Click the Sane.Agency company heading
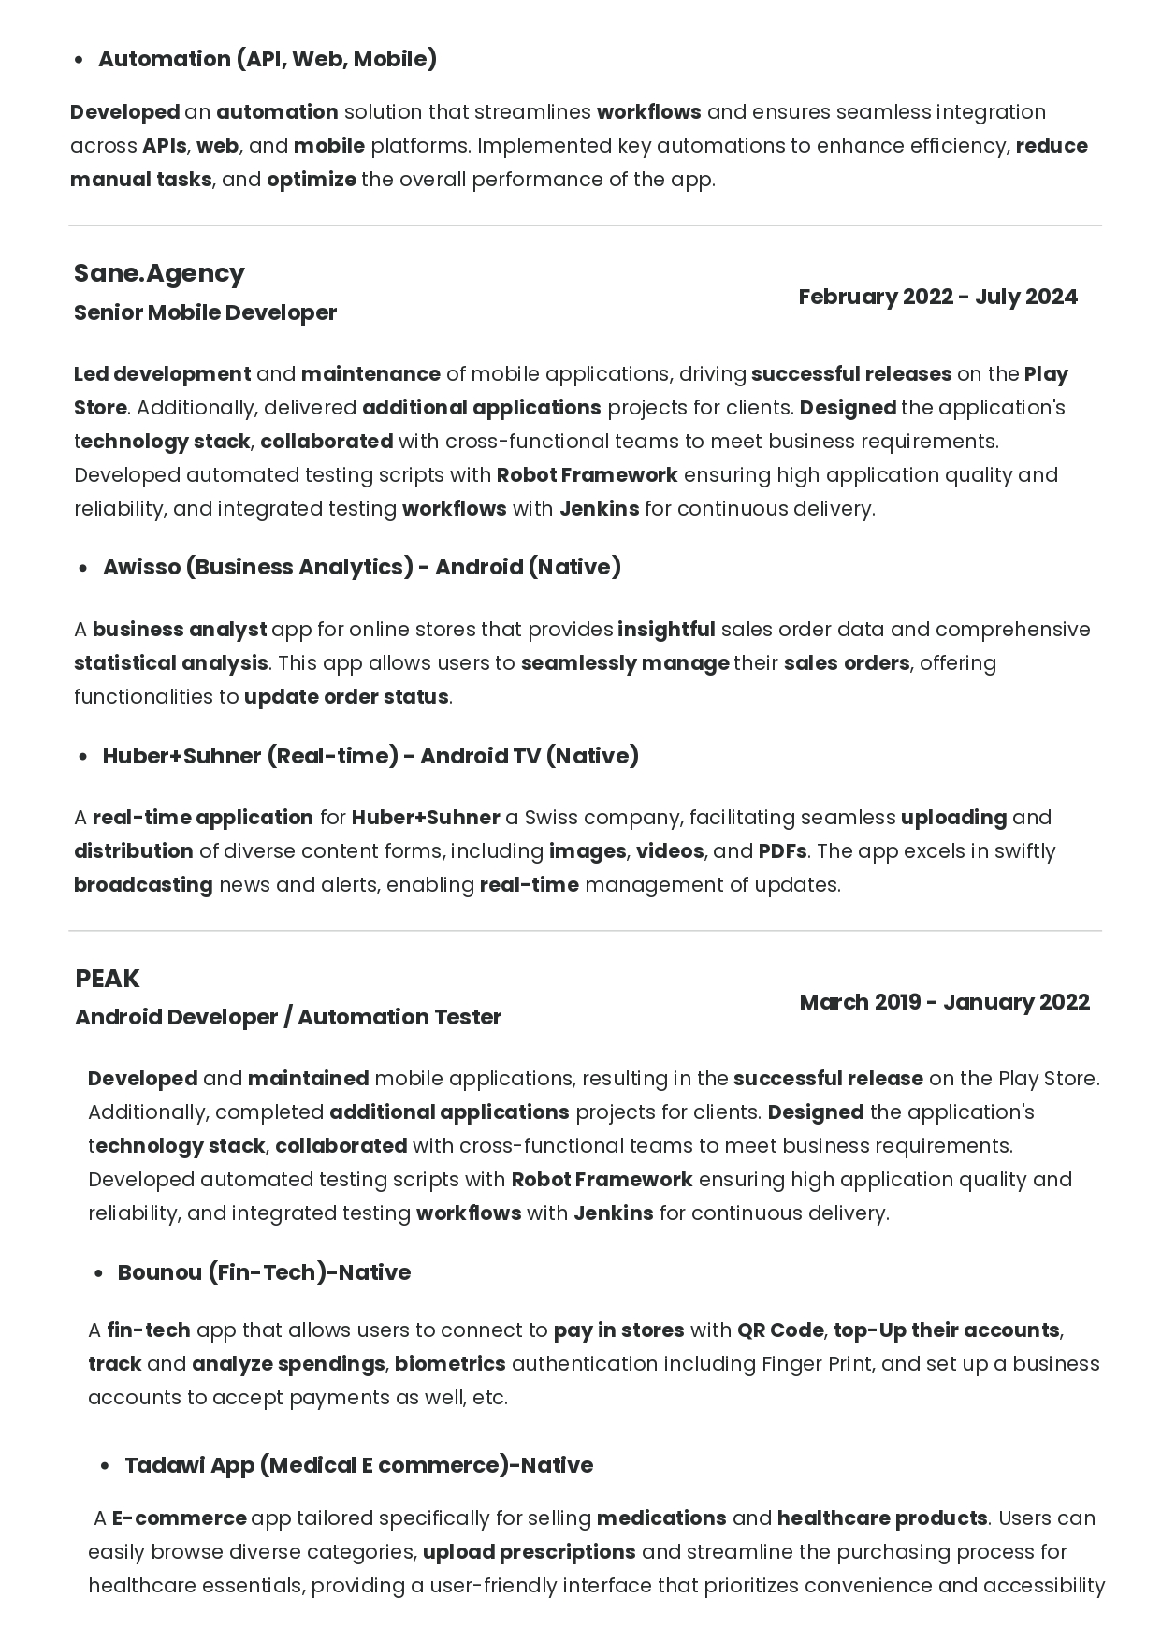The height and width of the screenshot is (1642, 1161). pos(159,273)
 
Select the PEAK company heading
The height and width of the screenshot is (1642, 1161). pos(108,979)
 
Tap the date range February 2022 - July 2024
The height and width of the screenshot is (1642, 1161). pos(937,297)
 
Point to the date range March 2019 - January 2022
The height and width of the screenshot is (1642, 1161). pos(944,1002)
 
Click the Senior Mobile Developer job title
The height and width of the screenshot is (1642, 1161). pos(205,312)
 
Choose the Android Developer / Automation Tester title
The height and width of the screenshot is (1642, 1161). pos(288,1017)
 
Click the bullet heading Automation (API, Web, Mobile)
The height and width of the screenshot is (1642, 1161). pos(268,59)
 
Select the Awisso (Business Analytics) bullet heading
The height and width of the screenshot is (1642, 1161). pos(361,567)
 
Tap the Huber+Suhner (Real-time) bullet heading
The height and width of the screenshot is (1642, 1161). pos(370,756)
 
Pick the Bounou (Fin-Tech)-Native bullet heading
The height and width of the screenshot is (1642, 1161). pos(264,1272)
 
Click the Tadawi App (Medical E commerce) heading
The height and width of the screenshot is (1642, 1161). pos(358,1465)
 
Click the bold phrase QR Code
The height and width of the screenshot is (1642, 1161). pos(780,1330)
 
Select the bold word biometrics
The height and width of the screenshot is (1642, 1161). pos(450,1364)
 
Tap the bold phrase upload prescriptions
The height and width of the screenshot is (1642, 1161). pos(529,1552)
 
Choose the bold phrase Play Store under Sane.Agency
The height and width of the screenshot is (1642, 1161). pos(1046,374)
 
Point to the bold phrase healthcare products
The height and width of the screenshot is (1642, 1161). pos(882,1518)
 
